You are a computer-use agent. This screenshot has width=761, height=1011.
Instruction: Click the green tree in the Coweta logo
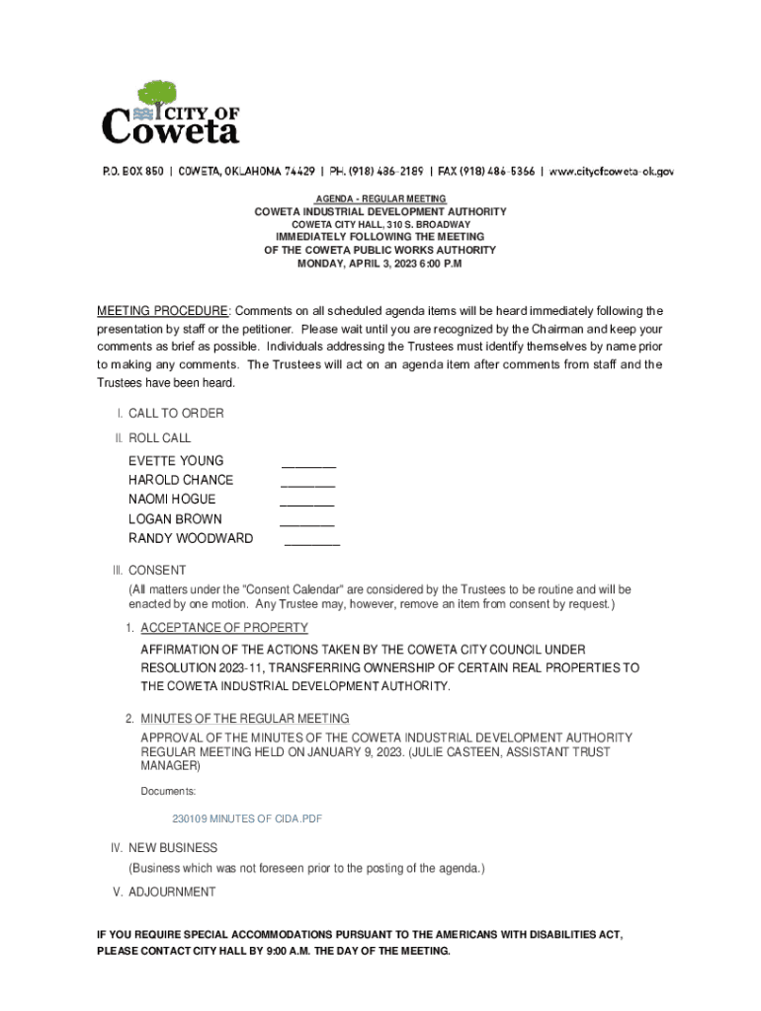tap(156, 95)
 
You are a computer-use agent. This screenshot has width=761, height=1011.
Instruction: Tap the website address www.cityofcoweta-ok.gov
tap(612, 171)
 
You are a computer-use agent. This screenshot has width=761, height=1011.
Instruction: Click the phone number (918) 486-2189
tap(366, 171)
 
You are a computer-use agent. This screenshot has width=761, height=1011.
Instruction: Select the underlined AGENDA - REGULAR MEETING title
tap(380, 199)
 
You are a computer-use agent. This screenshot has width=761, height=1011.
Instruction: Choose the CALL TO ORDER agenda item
tap(176, 414)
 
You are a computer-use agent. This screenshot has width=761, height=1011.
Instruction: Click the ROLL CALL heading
tap(160, 437)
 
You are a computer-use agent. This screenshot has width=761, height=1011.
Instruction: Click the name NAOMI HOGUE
tap(172, 500)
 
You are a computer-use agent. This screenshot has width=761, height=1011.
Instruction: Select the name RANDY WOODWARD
tap(191, 539)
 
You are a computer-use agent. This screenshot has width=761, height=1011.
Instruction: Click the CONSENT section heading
tap(157, 571)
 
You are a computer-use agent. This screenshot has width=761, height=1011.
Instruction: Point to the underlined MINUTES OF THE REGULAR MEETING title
tap(245, 719)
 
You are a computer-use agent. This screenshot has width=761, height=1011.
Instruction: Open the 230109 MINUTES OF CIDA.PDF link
tap(247, 819)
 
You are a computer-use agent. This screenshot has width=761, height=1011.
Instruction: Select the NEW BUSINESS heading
tap(173, 848)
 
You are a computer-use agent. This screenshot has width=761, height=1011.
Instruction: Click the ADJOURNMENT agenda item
tap(172, 893)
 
